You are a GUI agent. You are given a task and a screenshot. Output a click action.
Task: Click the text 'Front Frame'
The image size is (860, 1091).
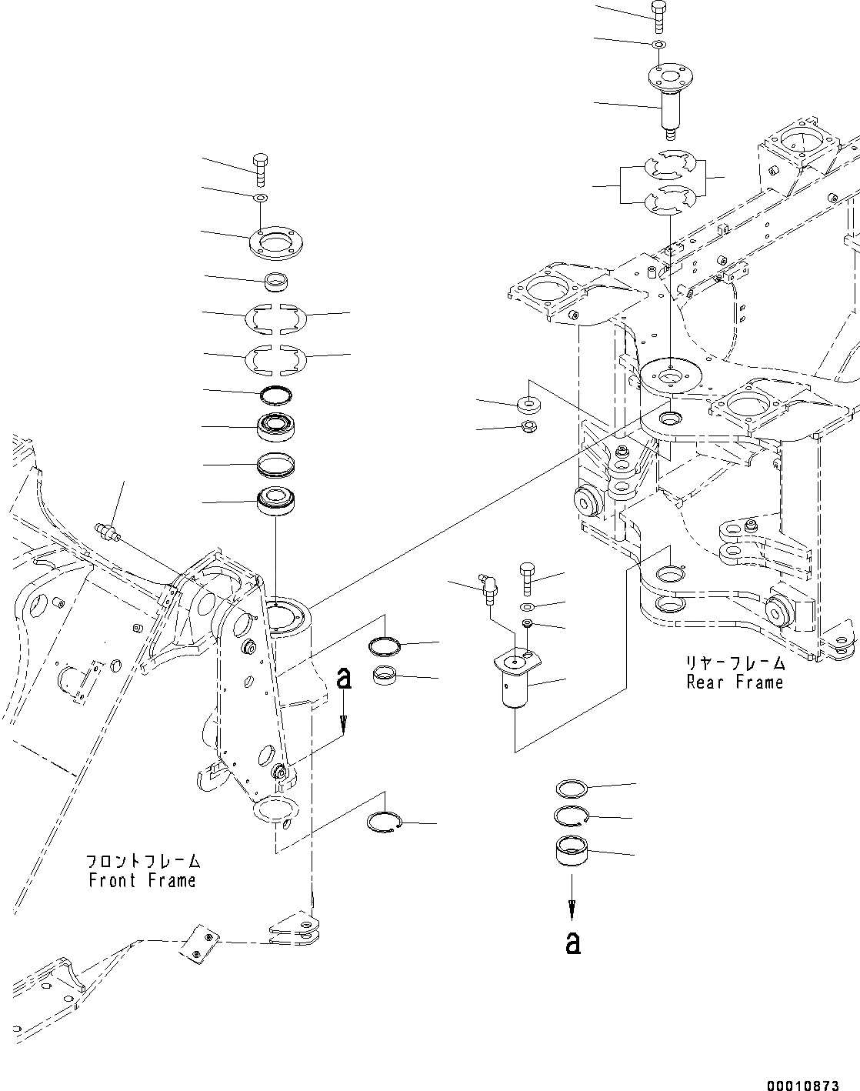click(142, 880)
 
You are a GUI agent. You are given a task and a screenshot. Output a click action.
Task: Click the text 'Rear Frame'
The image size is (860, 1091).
click(735, 682)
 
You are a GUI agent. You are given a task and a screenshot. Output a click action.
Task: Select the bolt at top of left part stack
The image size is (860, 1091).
click(260, 168)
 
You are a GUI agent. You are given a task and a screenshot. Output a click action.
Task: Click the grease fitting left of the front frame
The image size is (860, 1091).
click(107, 532)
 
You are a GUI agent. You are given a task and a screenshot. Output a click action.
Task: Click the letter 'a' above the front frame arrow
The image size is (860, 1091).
click(345, 679)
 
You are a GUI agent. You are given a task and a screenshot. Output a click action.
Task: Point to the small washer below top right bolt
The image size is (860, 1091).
click(658, 45)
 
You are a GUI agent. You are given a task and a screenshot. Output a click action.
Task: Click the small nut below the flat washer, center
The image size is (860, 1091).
click(529, 427)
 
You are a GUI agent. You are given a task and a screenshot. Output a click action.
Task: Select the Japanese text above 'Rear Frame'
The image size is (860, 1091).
click(735, 662)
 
